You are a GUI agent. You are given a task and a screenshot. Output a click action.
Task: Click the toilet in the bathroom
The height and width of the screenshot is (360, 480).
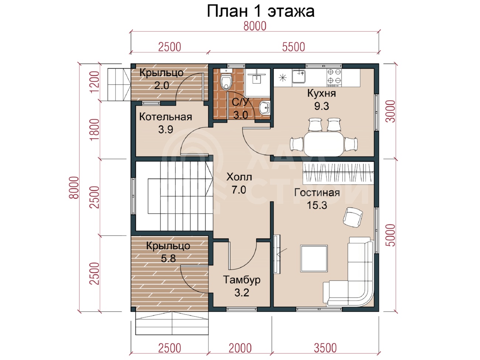[x=226, y=82]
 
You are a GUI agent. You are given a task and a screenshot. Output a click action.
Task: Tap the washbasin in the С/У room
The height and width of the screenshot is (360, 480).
[x=264, y=107]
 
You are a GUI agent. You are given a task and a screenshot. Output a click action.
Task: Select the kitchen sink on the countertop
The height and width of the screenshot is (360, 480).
[x=299, y=76]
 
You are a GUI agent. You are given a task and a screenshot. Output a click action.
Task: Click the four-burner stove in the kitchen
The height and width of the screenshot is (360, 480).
[x=334, y=78]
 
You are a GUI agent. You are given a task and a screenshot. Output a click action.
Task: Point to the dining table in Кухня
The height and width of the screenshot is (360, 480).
[x=323, y=144]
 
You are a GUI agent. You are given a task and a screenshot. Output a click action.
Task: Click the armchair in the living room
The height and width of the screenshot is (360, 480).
[x=353, y=217]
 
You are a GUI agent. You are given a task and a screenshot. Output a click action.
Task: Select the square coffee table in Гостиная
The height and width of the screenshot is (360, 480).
[x=314, y=258]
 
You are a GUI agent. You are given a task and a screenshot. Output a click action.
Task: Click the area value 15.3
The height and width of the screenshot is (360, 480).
[x=317, y=205]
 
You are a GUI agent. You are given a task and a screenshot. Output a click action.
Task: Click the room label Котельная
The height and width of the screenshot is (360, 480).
[x=165, y=117]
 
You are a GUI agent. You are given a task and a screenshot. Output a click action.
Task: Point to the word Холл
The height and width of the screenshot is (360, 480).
[x=239, y=177]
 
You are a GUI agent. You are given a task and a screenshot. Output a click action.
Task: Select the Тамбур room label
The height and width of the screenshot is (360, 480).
[x=241, y=280]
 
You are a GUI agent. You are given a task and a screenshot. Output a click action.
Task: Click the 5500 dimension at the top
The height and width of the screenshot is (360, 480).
[x=294, y=47]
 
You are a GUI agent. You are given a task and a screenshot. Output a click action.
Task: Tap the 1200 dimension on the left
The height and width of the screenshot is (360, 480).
[x=95, y=82]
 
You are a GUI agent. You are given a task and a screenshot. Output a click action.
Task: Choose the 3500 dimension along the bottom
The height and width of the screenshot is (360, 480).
[x=325, y=348]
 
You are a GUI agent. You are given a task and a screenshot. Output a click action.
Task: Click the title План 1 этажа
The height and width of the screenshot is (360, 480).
[x=260, y=11]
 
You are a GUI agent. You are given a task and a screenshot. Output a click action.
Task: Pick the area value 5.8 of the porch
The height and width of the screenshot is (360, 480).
[x=168, y=258]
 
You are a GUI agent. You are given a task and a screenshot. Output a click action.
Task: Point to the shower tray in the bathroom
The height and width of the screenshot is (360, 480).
[x=257, y=83]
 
